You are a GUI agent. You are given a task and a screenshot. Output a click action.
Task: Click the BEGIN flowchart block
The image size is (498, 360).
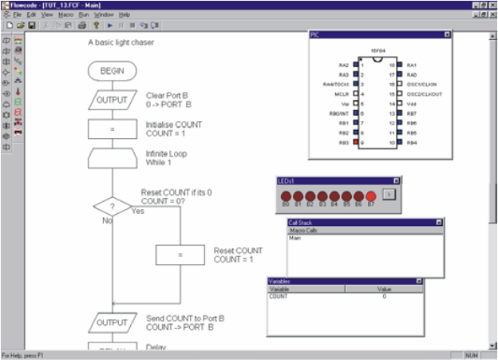tap(112, 71)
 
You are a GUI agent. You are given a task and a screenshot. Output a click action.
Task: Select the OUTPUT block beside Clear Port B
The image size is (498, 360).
tap(112, 100)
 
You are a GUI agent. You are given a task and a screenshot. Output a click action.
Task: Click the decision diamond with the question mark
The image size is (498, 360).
tap(112, 206)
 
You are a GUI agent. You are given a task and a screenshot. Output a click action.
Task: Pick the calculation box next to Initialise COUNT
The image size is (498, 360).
tap(112, 129)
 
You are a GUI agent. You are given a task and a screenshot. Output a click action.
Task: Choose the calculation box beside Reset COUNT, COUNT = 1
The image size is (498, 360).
tap(180, 255)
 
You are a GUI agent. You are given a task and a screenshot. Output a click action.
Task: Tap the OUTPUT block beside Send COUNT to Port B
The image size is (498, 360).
tap(112, 322)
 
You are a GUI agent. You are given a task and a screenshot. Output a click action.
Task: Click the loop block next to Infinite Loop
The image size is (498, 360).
tap(112, 158)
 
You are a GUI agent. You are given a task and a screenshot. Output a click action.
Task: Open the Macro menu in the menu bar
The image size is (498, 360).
tap(66, 14)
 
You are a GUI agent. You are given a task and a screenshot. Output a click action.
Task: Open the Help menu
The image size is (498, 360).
tap(125, 14)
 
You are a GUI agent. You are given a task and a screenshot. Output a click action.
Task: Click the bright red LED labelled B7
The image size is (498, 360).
tap(370, 196)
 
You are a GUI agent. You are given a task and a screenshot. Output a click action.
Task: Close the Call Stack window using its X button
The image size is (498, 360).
tap(438, 222)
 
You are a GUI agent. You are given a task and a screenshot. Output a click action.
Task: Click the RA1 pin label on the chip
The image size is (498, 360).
tap(412, 65)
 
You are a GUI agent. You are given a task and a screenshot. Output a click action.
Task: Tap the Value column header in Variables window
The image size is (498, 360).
tap(384, 289)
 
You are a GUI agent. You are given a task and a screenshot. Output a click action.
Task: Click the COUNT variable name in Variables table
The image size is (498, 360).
tap(279, 296)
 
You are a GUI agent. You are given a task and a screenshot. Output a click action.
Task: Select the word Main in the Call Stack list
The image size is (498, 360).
tap(295, 237)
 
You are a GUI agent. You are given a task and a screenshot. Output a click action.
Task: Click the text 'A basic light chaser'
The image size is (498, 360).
tap(121, 42)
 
